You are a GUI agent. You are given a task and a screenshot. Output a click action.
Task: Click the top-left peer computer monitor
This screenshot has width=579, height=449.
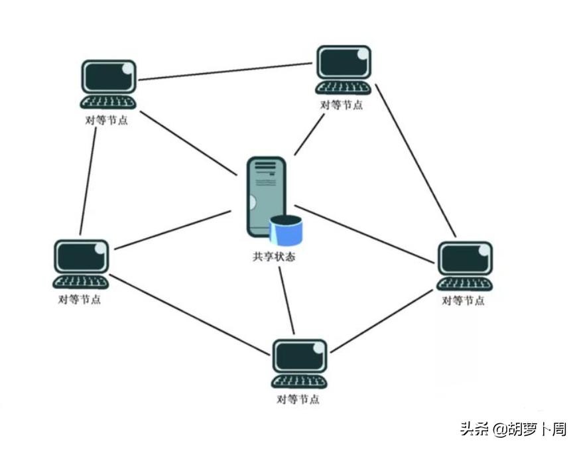(109, 77)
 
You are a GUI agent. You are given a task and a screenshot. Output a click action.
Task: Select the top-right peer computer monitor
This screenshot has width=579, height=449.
(344, 62)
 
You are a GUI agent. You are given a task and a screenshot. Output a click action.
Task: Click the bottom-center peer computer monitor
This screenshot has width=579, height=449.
(300, 356)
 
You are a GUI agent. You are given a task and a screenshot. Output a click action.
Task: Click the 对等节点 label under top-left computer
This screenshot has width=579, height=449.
(107, 121)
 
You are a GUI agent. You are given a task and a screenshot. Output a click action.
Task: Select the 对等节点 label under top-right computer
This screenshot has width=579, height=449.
(342, 105)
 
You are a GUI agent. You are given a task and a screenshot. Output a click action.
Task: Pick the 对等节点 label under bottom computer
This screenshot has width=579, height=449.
(298, 399)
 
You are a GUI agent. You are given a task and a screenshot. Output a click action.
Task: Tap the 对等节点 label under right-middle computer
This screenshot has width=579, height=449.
(463, 300)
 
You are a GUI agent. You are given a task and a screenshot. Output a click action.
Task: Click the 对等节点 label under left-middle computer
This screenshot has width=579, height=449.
(80, 299)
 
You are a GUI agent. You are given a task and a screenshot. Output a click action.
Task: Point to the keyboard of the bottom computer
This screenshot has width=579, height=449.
(300, 382)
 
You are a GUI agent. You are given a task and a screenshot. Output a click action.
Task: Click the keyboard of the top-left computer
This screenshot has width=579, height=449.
(109, 103)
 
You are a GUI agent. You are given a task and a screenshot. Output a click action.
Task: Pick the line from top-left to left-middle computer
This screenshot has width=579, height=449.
(88, 179)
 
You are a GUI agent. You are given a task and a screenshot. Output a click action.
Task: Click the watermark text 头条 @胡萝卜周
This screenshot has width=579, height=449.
(513, 429)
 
